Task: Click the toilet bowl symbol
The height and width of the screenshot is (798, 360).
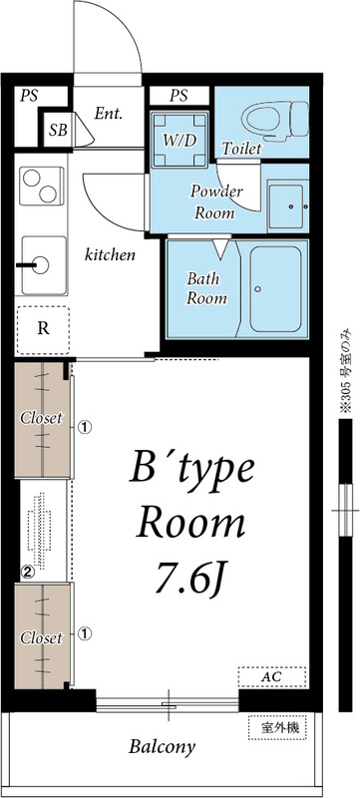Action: [x=275, y=120]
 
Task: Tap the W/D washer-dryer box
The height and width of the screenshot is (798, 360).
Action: [x=180, y=140]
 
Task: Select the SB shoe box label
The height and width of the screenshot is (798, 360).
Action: [x=58, y=131]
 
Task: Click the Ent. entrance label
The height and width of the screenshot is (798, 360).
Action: [x=109, y=114]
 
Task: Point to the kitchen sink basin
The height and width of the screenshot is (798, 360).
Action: [x=44, y=265]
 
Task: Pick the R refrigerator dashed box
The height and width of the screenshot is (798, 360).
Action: [x=43, y=330]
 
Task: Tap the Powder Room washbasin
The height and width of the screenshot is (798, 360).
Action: [x=287, y=206]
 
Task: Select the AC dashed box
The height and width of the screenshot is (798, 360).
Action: [x=272, y=677]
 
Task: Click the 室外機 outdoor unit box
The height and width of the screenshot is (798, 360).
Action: [x=277, y=728]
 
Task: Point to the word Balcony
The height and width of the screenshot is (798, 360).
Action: [x=162, y=747]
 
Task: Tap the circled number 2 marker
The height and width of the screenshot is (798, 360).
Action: [x=28, y=572]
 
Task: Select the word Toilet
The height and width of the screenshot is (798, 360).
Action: [x=242, y=149]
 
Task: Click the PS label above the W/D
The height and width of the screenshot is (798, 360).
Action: [x=179, y=96]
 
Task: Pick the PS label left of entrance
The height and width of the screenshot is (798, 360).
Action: [x=29, y=96]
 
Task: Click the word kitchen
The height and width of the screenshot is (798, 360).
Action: [x=110, y=254]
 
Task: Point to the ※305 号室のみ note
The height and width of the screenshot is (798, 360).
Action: [x=346, y=371]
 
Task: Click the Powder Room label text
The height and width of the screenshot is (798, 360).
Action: [x=216, y=202]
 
